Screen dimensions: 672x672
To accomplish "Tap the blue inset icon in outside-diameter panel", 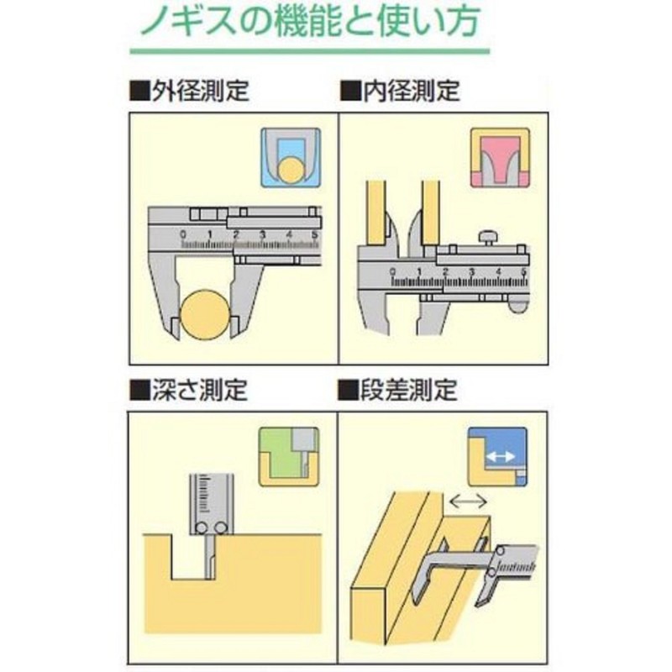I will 291,157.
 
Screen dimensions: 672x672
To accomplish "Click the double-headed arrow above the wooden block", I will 469,501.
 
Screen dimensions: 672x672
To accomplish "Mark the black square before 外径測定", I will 138,91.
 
